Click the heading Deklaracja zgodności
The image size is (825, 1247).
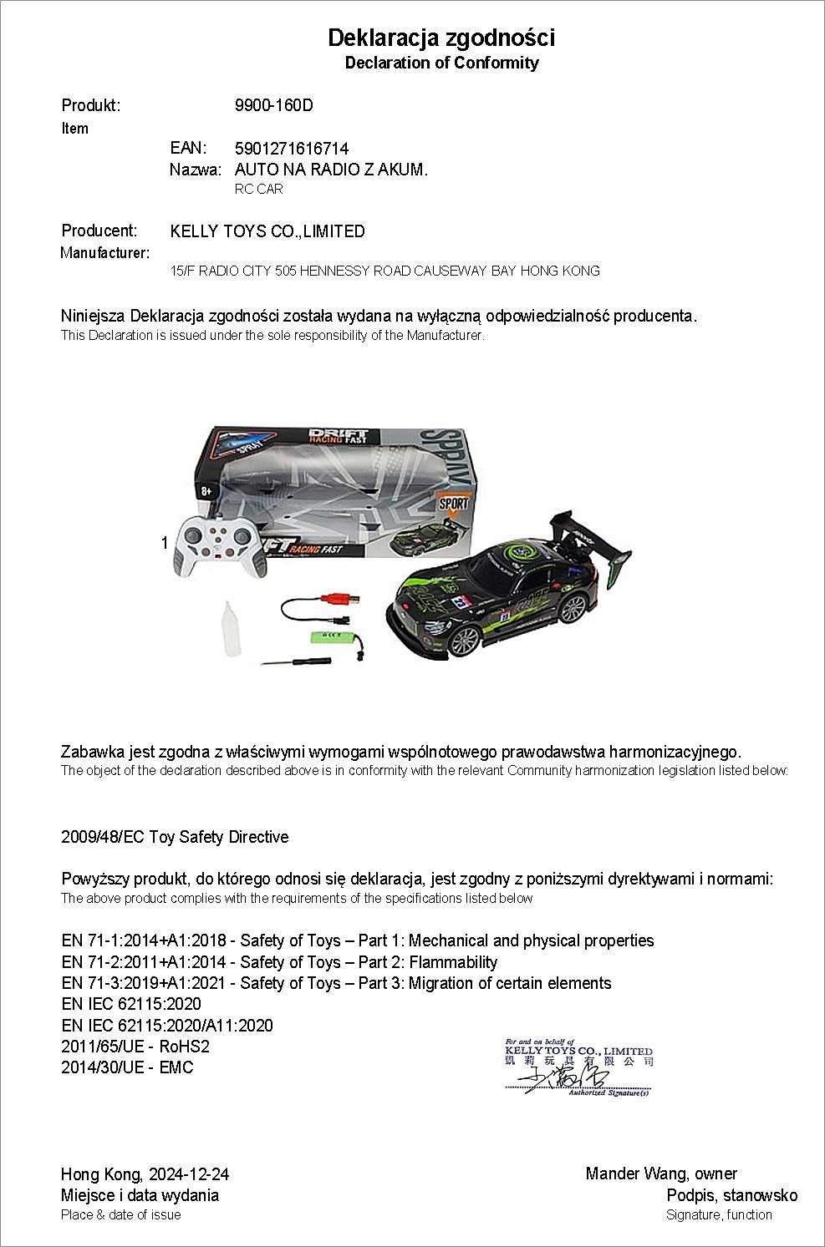pyautogui.click(x=441, y=38)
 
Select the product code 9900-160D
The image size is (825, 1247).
pyautogui.click(x=274, y=105)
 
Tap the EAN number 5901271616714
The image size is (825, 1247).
pyautogui.click(x=292, y=149)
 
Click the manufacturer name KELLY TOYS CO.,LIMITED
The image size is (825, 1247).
pyautogui.click(x=267, y=231)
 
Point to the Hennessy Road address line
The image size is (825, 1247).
pyautogui.click(x=384, y=271)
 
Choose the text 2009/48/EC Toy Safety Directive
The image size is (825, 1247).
pyautogui.click(x=175, y=837)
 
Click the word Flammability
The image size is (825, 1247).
pyautogui.click(x=453, y=962)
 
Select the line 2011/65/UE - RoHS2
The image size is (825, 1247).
pyautogui.click(x=135, y=1047)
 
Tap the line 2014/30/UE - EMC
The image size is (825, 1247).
pyautogui.click(x=127, y=1067)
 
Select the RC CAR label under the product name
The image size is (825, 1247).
pyautogui.click(x=259, y=189)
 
